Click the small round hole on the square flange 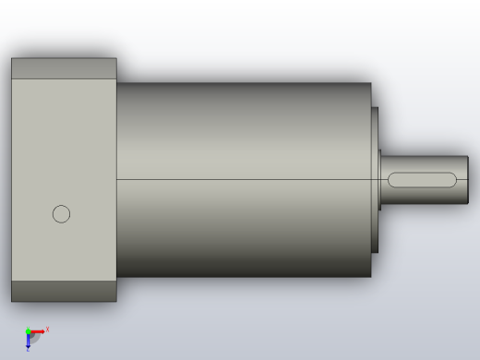(61, 214)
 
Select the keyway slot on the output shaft (424, 179)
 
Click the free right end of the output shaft (468, 179)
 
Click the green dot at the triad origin (28, 330)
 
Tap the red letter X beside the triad (47, 329)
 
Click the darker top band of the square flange (64, 68)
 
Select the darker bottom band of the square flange (64, 291)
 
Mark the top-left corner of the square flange (12, 59)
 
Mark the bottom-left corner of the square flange (12, 301)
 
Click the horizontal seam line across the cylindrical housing (240, 178)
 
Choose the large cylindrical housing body (240, 129)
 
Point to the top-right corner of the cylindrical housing (370, 84)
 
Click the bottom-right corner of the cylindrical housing (370, 276)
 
